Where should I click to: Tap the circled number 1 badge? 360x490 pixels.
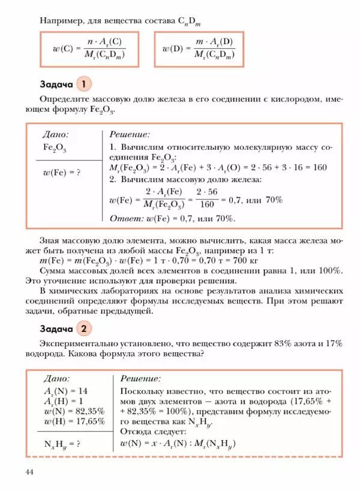point(85,83)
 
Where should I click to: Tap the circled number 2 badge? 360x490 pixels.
point(85,329)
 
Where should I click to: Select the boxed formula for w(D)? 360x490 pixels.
point(199,49)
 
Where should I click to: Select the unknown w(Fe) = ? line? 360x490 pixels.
point(62,173)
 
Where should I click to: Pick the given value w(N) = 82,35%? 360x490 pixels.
point(74,411)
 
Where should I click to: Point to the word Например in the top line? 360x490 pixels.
point(62,20)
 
